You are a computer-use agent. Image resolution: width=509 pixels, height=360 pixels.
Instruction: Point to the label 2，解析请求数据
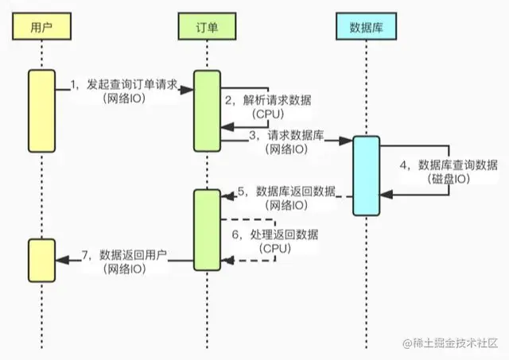(265, 100)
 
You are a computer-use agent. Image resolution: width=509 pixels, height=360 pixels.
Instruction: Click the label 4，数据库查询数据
(449, 165)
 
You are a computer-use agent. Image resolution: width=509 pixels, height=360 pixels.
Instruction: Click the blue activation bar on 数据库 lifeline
(367, 176)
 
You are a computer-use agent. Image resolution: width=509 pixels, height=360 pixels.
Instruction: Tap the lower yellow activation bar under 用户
(41, 259)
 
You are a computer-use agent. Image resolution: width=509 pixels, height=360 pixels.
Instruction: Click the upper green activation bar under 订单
(208, 110)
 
